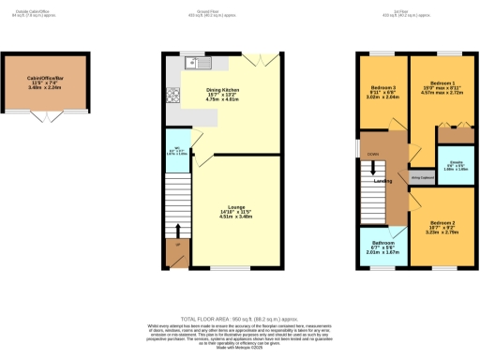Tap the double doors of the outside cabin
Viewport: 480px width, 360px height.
point(43,117)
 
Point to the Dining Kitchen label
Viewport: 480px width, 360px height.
point(224,90)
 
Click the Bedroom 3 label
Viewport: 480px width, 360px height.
point(381,89)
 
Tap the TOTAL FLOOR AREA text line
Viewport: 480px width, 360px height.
point(239,320)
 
